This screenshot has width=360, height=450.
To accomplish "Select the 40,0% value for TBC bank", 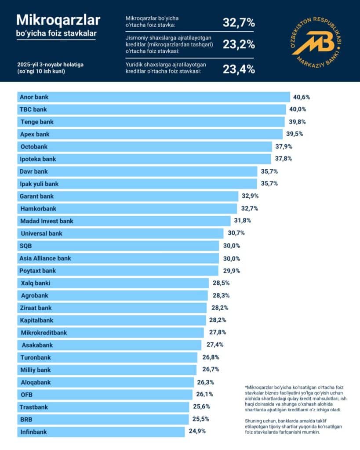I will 297,109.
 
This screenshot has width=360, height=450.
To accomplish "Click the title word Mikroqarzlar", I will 58,20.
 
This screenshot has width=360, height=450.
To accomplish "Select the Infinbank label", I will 33,432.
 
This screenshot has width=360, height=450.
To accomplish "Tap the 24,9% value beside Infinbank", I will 197,431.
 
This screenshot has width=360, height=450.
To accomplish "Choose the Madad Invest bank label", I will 47,221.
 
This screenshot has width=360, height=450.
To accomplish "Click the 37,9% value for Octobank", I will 284,146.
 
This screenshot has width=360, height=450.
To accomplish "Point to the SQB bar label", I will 26,246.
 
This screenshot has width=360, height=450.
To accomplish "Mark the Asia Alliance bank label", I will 45,258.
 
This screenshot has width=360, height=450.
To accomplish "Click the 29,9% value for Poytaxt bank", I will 231,271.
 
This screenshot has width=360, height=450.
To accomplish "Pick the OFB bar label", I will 26,395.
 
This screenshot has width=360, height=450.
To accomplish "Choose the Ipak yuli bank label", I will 39,184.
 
